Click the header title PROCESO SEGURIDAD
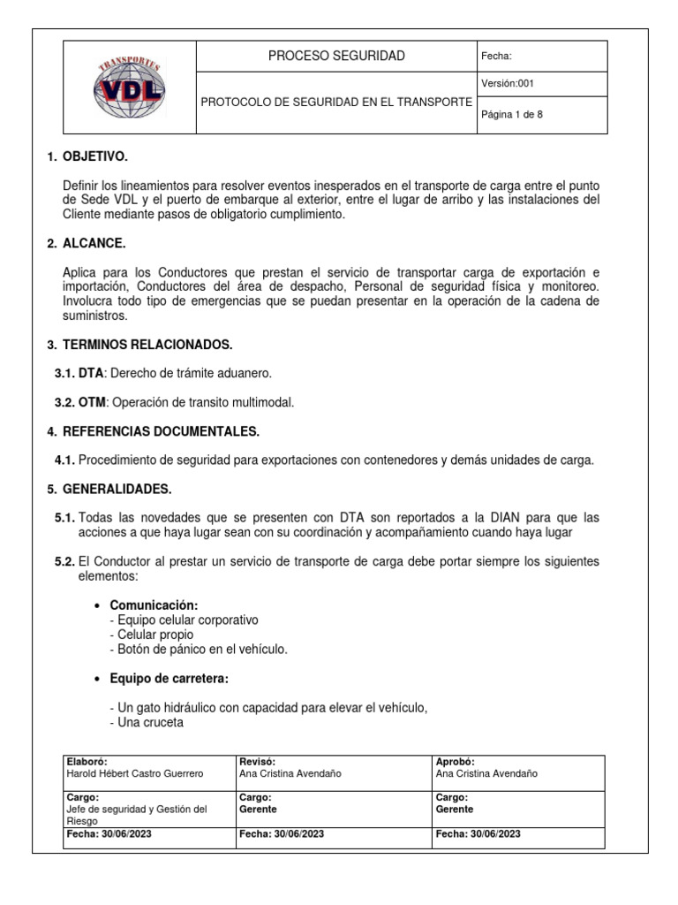pos(336,56)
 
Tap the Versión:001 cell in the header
pos(507,84)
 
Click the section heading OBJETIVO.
pos(95,156)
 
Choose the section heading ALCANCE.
pos(94,243)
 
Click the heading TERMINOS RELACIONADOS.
pos(147,344)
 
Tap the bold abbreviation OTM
pos(92,402)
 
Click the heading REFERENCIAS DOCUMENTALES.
pos(161,431)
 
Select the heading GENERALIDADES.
pos(117,489)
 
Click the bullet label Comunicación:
pos(154,605)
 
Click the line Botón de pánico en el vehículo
pos(199,649)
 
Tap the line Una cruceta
pos(147,722)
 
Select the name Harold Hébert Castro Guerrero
pos(135,773)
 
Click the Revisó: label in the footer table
pos(258,762)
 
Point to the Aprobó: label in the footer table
pos(456,762)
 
